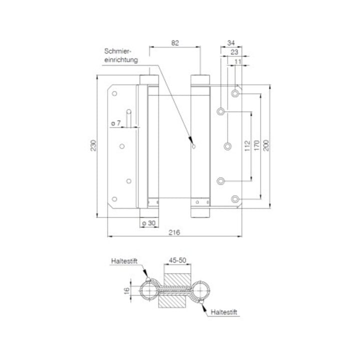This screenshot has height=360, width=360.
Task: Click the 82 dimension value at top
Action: [175, 43]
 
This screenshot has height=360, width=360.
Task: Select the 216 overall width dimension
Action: [174, 232]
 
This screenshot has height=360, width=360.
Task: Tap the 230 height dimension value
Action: [93, 145]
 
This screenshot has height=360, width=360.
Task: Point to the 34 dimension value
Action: [231, 43]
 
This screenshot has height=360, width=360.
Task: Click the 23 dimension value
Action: [234, 52]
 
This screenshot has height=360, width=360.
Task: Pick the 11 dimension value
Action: [238, 61]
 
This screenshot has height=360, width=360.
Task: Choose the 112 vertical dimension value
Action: [247, 146]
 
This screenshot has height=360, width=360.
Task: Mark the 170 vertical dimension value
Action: [256, 145]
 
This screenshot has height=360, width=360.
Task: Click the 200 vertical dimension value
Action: [266, 145]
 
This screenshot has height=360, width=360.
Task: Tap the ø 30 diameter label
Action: [149, 223]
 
